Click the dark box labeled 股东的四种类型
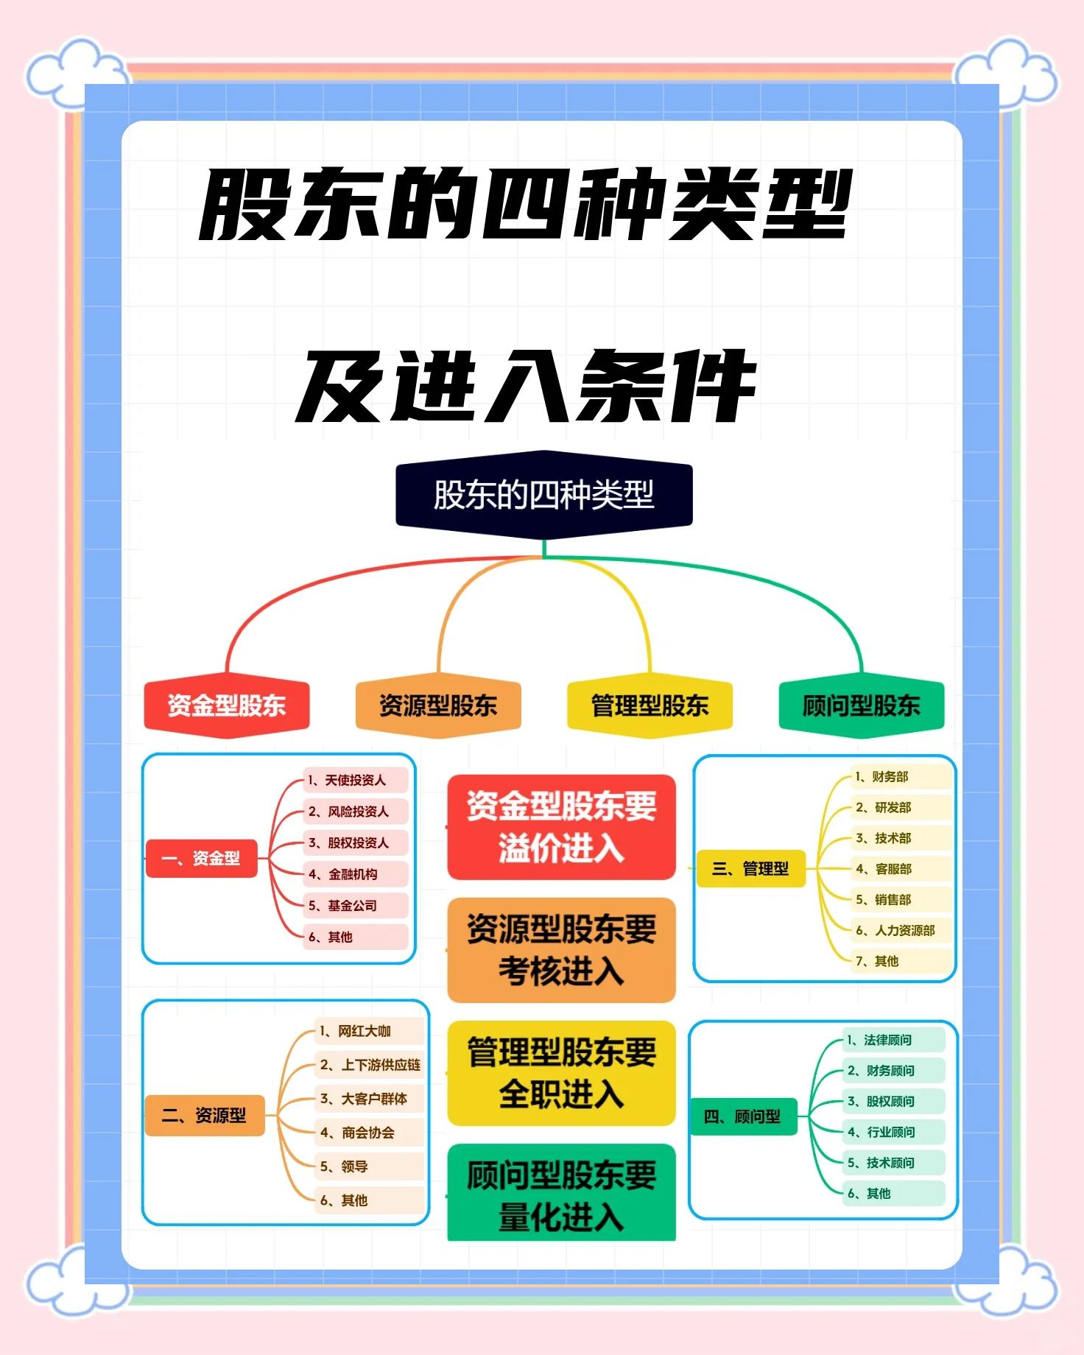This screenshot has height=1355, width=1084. click(543, 494)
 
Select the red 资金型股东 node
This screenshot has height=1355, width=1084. click(226, 705)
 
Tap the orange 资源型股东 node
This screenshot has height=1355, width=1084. click(438, 705)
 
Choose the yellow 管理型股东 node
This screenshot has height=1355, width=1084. click(650, 705)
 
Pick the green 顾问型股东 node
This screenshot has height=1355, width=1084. click(861, 705)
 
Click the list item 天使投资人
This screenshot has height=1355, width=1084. click(355, 780)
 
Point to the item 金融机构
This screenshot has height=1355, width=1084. click(353, 874)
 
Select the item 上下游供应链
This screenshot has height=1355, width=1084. click(380, 1065)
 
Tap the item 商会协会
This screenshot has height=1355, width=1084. click(367, 1133)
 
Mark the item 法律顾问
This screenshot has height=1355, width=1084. click(887, 1040)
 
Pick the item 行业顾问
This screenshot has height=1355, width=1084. click(890, 1132)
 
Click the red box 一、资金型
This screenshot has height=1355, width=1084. click(201, 858)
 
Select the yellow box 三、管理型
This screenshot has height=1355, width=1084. click(750, 869)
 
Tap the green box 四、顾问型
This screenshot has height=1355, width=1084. click(742, 1116)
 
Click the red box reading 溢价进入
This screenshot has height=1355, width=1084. click(561, 827)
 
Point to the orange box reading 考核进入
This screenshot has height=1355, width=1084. click(561, 950)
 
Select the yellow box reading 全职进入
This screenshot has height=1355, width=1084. click(561, 1073)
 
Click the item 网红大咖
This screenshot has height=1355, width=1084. click(364, 1031)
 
